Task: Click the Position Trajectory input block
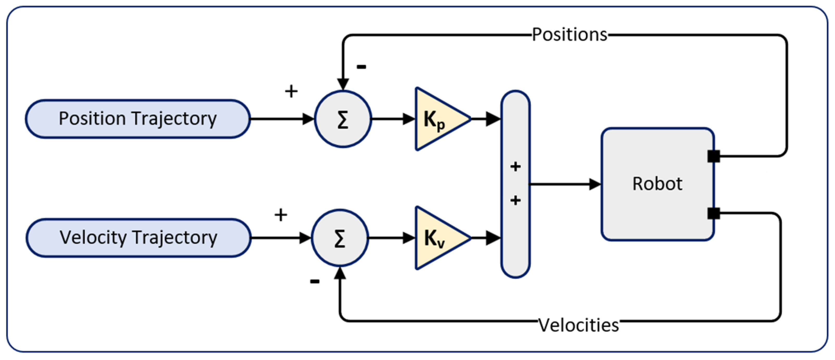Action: coord(138,119)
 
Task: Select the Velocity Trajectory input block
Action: coord(138,238)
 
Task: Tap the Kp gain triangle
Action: coord(438,119)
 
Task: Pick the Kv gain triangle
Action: coord(438,238)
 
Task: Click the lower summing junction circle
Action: coord(340,238)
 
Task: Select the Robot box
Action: coord(657,184)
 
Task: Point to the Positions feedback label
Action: coord(570,34)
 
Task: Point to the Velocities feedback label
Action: coord(579,325)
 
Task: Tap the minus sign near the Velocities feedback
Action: coord(315,282)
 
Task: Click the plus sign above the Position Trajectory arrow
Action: coord(291,91)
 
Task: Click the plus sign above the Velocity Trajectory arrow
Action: coord(281,215)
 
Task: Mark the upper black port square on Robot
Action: coord(714,156)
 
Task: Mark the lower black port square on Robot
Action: coord(714,213)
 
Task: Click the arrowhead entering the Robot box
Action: coord(595,184)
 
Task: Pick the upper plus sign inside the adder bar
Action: coord(515,167)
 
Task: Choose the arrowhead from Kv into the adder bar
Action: coord(493,238)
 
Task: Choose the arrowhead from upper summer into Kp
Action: coord(409,119)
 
